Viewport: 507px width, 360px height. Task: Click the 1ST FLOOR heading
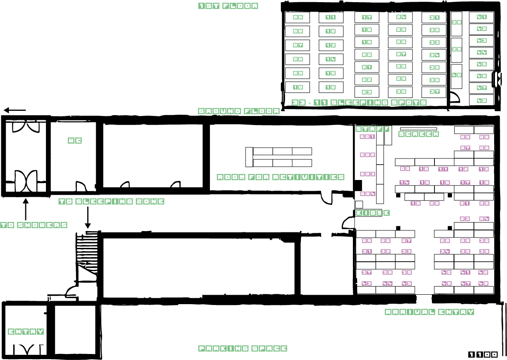(x=228, y=6)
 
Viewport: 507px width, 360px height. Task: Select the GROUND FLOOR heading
(x=239, y=111)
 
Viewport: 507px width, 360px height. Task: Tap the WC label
(x=75, y=141)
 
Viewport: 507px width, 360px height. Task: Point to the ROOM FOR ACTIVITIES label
(x=280, y=177)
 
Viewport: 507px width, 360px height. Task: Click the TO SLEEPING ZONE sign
(x=111, y=201)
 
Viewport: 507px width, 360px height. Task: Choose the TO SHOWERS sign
(x=33, y=225)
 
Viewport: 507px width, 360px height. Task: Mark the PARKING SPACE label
(x=243, y=349)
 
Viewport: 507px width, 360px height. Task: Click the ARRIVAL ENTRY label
(x=429, y=312)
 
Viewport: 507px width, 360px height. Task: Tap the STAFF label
(x=372, y=129)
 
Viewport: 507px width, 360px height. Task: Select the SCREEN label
(x=419, y=134)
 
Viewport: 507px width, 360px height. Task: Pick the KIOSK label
(x=373, y=213)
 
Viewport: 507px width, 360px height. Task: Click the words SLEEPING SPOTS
(x=378, y=103)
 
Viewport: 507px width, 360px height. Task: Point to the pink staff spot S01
(x=367, y=137)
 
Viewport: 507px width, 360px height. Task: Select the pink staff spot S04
(x=367, y=194)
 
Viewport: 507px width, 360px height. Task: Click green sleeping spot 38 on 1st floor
(x=456, y=22)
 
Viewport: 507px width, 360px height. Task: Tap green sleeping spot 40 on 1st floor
(x=456, y=75)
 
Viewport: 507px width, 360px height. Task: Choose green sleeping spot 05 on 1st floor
(x=298, y=18)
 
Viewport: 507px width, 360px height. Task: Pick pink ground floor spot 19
(x=415, y=204)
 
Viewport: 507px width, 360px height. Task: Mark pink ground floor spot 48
(x=483, y=284)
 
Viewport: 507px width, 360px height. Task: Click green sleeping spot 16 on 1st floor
(x=331, y=88)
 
